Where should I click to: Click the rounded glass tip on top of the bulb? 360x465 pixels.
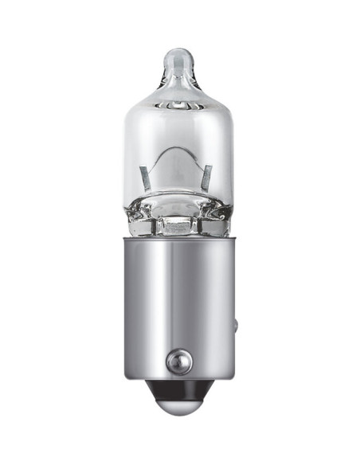point(179,60)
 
